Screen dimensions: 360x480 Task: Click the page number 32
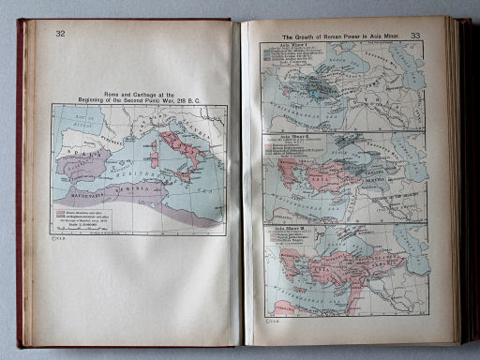click(x=60, y=35)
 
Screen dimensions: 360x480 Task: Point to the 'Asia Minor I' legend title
click(x=280, y=45)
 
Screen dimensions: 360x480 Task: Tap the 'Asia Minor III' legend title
click(x=282, y=227)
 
